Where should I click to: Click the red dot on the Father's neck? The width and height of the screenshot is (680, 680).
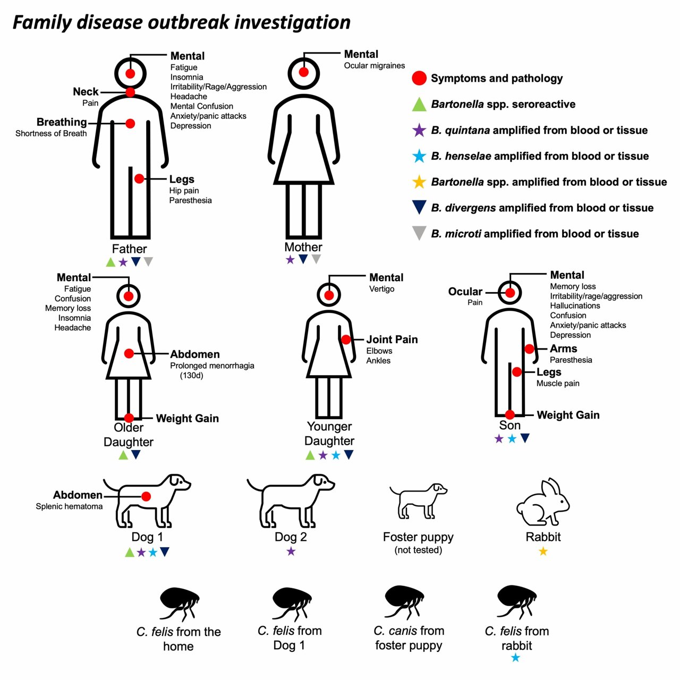pyautogui.click(x=130, y=92)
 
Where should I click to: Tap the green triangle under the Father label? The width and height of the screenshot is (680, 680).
pyautogui.click(x=110, y=262)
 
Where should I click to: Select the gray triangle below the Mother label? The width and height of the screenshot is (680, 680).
pyautogui.click(x=316, y=259)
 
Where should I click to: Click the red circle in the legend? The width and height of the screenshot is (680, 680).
pyautogui.click(x=419, y=79)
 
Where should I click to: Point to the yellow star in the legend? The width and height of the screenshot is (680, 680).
pyautogui.click(x=419, y=182)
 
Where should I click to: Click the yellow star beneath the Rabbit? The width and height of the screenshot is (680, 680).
pyautogui.click(x=543, y=551)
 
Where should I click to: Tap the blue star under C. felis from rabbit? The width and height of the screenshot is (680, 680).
pyautogui.click(x=515, y=658)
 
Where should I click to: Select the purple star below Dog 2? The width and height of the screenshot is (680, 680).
pyautogui.click(x=291, y=551)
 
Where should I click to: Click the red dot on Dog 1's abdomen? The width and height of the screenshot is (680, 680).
pyautogui.click(x=146, y=496)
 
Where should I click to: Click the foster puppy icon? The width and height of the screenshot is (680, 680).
pyautogui.click(x=418, y=501)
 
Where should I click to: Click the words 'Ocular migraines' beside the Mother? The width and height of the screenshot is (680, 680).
pyautogui.click(x=374, y=66)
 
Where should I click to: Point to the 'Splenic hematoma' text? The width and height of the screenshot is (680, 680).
pyautogui.click(x=69, y=507)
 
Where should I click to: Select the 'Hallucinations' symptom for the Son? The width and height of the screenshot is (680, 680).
pyautogui.click(x=575, y=306)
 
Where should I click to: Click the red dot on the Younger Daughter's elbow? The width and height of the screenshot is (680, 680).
pyautogui.click(x=346, y=339)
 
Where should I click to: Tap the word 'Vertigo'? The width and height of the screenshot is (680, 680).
pyautogui.click(x=381, y=289)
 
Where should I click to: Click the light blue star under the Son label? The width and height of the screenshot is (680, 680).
pyautogui.click(x=512, y=439)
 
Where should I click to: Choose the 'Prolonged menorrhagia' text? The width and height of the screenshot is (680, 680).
pyautogui.click(x=212, y=366)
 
